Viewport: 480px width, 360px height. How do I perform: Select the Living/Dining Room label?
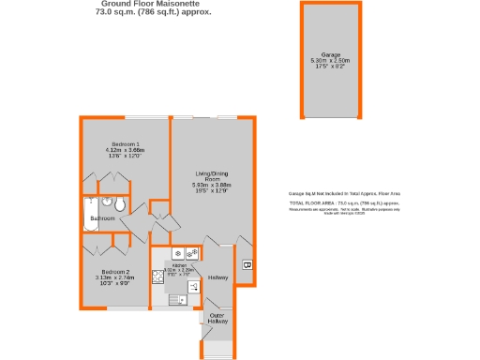[x=212, y=176]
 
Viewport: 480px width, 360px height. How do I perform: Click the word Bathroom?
[x=102, y=218]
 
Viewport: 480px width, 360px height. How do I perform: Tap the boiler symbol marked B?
[x=247, y=265]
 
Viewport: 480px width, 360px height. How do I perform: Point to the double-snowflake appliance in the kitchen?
[x=191, y=252]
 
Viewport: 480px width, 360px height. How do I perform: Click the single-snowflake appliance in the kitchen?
[x=176, y=252]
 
